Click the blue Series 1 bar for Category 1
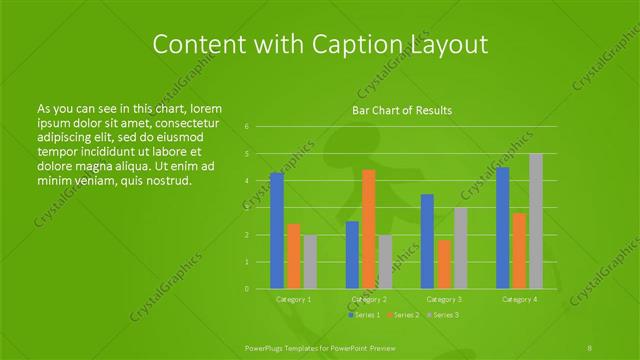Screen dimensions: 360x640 [277, 231]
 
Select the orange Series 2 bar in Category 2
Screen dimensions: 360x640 [369, 229]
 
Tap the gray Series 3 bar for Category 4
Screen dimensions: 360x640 [536, 221]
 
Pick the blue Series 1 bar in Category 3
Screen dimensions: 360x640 [427, 241]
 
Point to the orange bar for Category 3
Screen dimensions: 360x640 [443, 264]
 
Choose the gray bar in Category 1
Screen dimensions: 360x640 [310, 262]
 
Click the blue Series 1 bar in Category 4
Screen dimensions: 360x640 [503, 228]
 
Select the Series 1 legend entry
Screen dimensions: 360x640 [364, 315]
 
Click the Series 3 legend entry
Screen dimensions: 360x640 [443, 315]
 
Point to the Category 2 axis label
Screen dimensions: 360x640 [369, 299]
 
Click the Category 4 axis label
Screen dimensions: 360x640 [520, 299]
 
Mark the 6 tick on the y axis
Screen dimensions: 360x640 [247, 127]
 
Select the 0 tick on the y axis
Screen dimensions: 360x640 [247, 289]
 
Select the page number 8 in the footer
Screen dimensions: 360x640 [591, 346]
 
